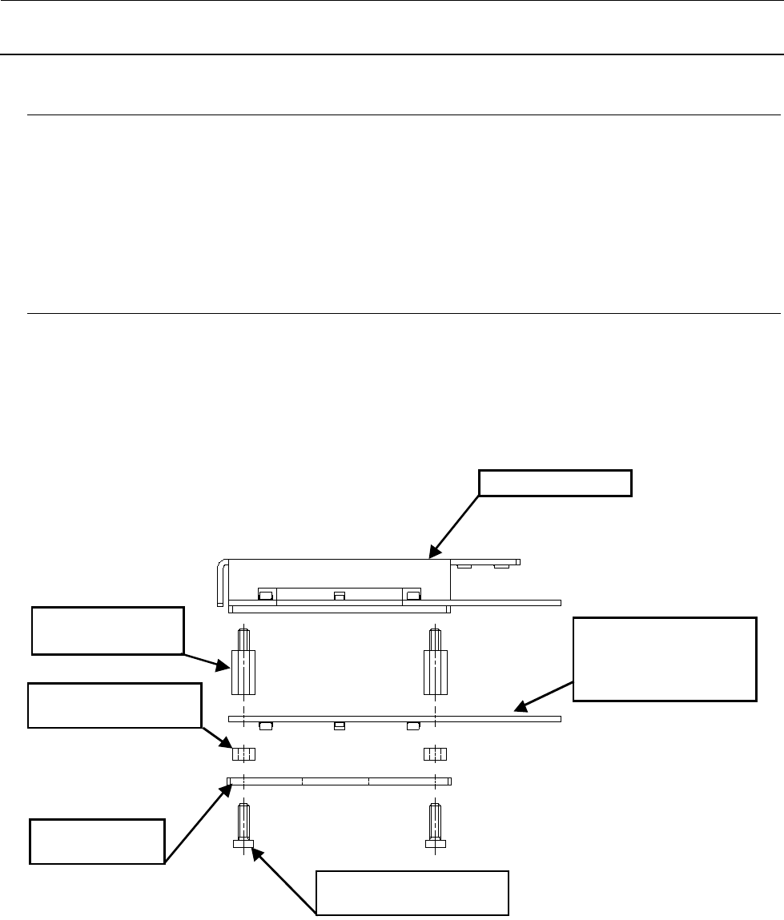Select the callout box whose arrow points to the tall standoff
107,631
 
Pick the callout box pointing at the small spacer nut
114,705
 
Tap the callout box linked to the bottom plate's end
97,841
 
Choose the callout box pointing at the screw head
412,892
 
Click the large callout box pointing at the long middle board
665,659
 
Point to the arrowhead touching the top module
433,553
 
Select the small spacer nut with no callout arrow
435,753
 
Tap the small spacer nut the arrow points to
243,753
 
